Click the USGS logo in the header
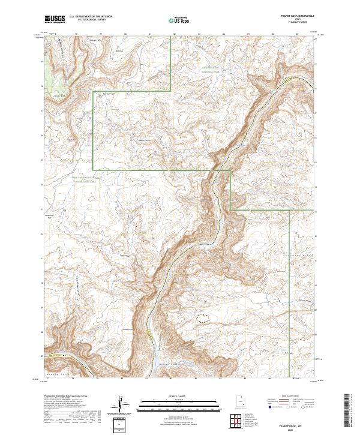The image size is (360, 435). (x=55, y=19)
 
